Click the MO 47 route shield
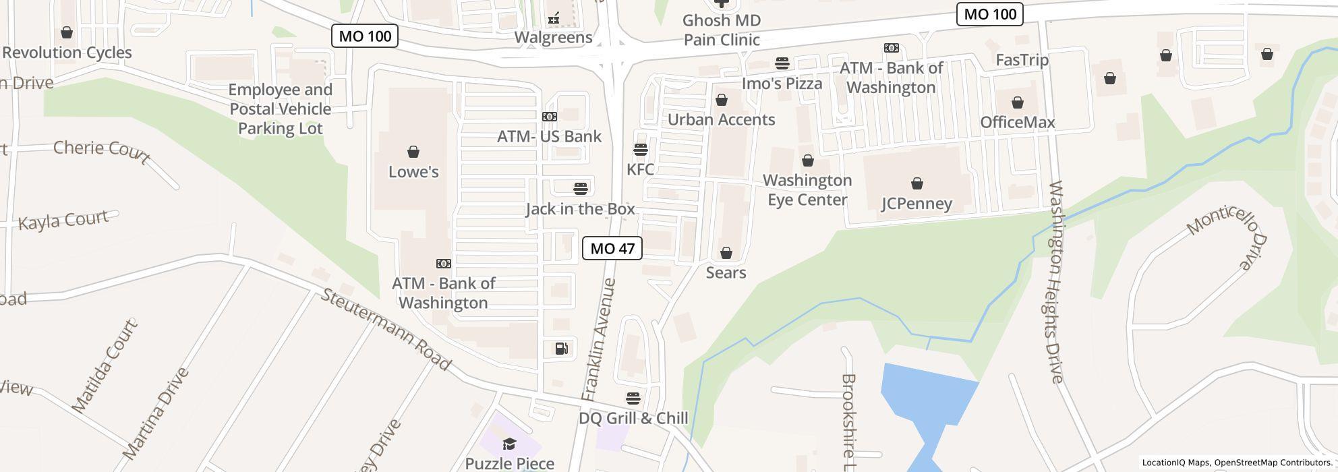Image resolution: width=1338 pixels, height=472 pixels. click(612, 248)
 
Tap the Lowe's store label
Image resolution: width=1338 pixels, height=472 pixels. click(413, 172)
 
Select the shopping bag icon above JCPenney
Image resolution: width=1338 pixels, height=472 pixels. click(917, 183)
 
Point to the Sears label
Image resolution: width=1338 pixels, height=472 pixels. click(726, 272)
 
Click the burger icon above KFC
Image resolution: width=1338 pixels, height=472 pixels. click(640, 149)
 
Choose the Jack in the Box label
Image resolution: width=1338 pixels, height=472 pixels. click(580, 209)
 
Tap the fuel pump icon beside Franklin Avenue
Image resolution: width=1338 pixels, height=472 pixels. click(561, 348)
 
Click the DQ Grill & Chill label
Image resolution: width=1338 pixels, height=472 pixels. click(633, 418)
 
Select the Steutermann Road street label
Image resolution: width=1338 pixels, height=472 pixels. click(385, 330)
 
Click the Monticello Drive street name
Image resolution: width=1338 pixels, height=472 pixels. click(1228, 236)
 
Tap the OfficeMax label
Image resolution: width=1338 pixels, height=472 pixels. click(1017, 122)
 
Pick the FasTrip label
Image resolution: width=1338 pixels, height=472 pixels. click(1022, 60)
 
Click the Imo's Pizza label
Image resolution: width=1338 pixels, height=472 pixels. click(782, 84)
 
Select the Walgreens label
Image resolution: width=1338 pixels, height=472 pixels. click(553, 37)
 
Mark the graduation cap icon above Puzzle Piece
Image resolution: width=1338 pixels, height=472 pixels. click(509, 443)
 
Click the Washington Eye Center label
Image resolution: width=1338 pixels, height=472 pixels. click(807, 190)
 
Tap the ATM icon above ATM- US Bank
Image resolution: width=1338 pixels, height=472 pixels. click(549, 117)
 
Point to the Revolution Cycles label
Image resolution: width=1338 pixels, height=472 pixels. click(67, 53)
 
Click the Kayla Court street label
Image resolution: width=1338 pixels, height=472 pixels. click(63, 220)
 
